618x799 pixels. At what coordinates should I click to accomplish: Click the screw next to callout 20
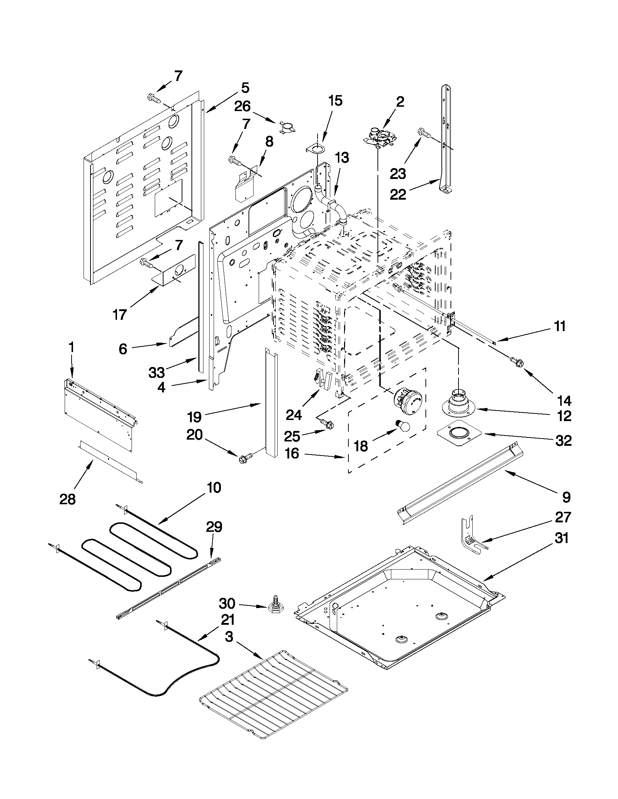click(x=246, y=457)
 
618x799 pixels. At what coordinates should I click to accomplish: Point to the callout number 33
click(x=157, y=373)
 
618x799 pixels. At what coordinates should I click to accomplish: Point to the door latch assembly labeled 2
click(x=379, y=136)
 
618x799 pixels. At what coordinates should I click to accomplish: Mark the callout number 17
click(x=120, y=314)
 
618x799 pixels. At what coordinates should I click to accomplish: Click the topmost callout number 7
click(x=178, y=76)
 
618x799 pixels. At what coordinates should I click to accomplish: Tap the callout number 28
click(x=68, y=499)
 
